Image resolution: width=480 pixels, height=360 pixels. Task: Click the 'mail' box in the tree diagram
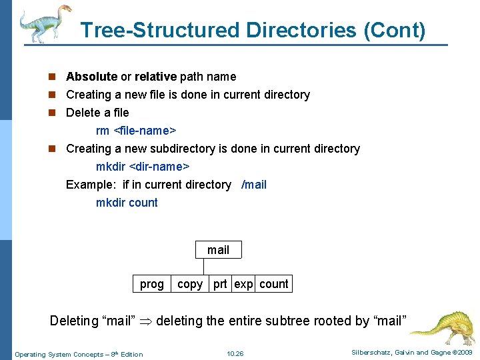[x=218, y=250]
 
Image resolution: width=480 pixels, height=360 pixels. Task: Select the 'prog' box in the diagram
[x=152, y=284]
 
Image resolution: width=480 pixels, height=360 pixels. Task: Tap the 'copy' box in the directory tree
[x=190, y=284]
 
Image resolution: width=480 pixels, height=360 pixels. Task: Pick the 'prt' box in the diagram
[x=220, y=284]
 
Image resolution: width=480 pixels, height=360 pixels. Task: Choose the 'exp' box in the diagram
[x=243, y=284]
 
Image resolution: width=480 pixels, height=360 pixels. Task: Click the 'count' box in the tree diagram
[x=273, y=284]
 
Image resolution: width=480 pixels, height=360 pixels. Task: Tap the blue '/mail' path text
[x=253, y=185]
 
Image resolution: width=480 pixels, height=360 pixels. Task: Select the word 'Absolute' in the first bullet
[x=91, y=77]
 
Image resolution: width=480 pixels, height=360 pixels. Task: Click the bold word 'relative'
[x=155, y=77]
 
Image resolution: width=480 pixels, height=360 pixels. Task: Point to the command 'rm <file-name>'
[x=135, y=131]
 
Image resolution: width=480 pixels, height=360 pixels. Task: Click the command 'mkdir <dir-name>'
[x=143, y=167]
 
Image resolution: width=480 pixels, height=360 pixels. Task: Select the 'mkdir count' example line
[x=127, y=203]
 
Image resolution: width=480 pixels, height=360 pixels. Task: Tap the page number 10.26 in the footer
[x=235, y=353]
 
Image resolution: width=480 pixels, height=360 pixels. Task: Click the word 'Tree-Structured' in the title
[x=159, y=30]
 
